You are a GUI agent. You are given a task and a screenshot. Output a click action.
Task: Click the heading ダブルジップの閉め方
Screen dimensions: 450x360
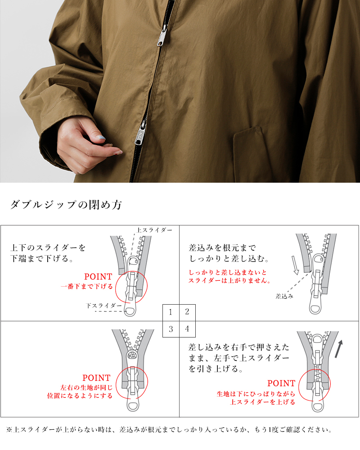[66, 205]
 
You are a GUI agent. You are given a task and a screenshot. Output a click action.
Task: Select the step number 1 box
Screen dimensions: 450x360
[171, 312]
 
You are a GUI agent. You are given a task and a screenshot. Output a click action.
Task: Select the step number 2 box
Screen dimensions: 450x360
[187, 312]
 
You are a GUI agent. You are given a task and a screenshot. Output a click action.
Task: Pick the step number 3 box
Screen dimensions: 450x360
[171, 328]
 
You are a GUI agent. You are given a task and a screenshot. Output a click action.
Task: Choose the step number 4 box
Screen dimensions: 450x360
[187, 328]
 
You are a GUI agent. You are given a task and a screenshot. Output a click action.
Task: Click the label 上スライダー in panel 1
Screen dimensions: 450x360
[154, 230]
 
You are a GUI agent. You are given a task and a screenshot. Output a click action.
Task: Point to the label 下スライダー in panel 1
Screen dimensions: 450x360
[104, 306]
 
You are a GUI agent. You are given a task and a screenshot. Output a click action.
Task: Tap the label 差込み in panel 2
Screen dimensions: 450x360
[284, 296]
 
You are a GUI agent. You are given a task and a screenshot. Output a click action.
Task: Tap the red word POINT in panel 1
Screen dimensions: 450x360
[98, 277]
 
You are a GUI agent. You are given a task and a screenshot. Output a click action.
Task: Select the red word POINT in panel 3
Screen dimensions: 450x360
[96, 378]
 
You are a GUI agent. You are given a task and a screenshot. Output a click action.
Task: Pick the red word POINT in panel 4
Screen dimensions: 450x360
[281, 383]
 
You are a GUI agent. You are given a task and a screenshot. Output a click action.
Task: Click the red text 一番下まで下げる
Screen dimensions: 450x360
[86, 286]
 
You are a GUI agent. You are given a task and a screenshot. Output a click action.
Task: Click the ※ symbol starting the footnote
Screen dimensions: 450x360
[9, 430]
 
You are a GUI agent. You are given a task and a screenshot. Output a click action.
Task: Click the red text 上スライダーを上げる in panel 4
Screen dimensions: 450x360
[263, 402]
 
